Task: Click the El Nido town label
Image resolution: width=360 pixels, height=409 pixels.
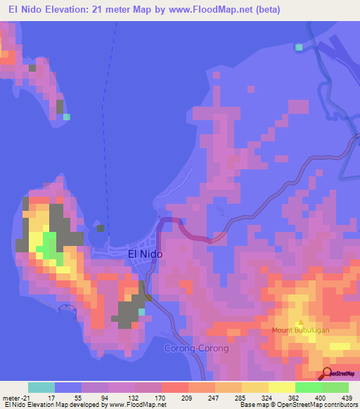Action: click(146, 254)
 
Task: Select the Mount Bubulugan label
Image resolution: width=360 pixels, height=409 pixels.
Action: click(301, 329)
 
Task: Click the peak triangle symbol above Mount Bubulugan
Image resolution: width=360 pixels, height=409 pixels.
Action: click(301, 320)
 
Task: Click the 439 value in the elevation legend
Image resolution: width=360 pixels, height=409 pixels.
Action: click(347, 398)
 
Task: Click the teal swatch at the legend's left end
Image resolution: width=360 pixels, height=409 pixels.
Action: click(41, 387)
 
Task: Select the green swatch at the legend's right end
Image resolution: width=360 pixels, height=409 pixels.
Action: click(335, 387)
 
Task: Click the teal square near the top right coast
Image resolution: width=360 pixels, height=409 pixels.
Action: click(300, 47)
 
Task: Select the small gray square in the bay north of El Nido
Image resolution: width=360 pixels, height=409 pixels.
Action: click(101, 228)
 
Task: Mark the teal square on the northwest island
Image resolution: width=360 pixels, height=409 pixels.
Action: click(67, 117)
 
